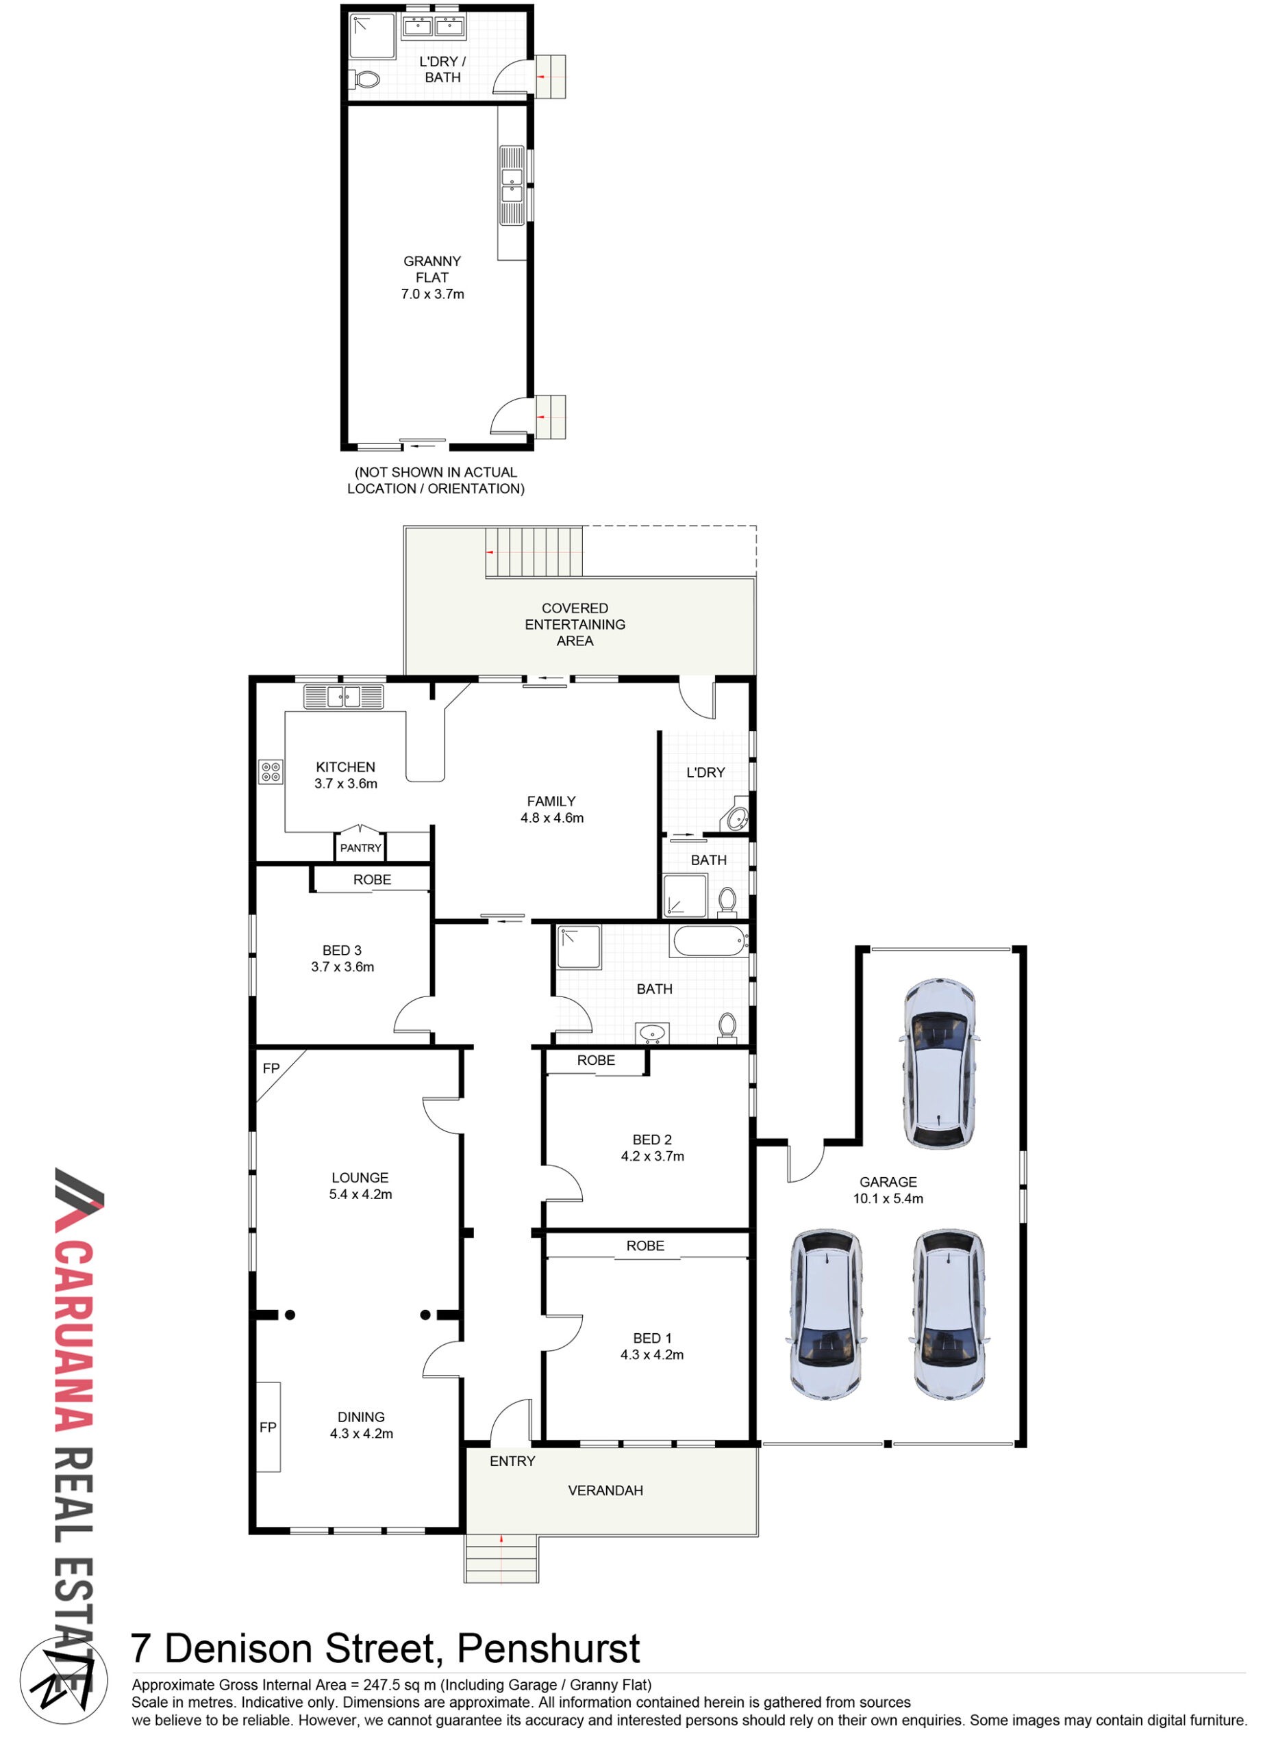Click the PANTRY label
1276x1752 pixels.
coord(361,848)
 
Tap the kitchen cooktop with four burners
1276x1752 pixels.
coord(271,772)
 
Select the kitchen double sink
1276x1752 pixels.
coord(343,697)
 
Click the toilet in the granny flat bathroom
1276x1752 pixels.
coord(366,79)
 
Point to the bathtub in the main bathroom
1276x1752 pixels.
coord(710,942)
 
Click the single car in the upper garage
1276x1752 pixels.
coord(939,1064)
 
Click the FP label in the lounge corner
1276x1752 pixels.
coord(271,1068)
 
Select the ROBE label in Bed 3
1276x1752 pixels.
coord(372,880)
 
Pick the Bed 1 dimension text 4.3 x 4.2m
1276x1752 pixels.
coord(652,1354)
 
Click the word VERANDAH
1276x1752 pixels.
coord(605,1490)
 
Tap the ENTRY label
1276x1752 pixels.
coord(512,1460)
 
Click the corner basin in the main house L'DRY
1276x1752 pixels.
coord(736,816)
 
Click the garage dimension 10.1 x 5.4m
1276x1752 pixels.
coord(888,1198)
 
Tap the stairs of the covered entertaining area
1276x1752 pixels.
coord(534,552)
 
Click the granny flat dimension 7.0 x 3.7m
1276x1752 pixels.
coord(433,294)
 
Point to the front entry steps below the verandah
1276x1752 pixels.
coord(501,1559)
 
